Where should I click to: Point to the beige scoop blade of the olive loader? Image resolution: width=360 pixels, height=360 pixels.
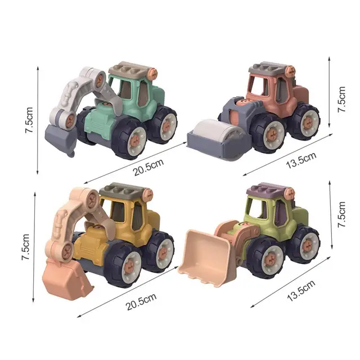pos(205,256)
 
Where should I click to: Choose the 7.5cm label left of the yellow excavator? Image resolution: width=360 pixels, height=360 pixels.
pos(26,247)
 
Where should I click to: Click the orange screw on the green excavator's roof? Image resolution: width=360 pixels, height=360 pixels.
pos(152,72)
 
